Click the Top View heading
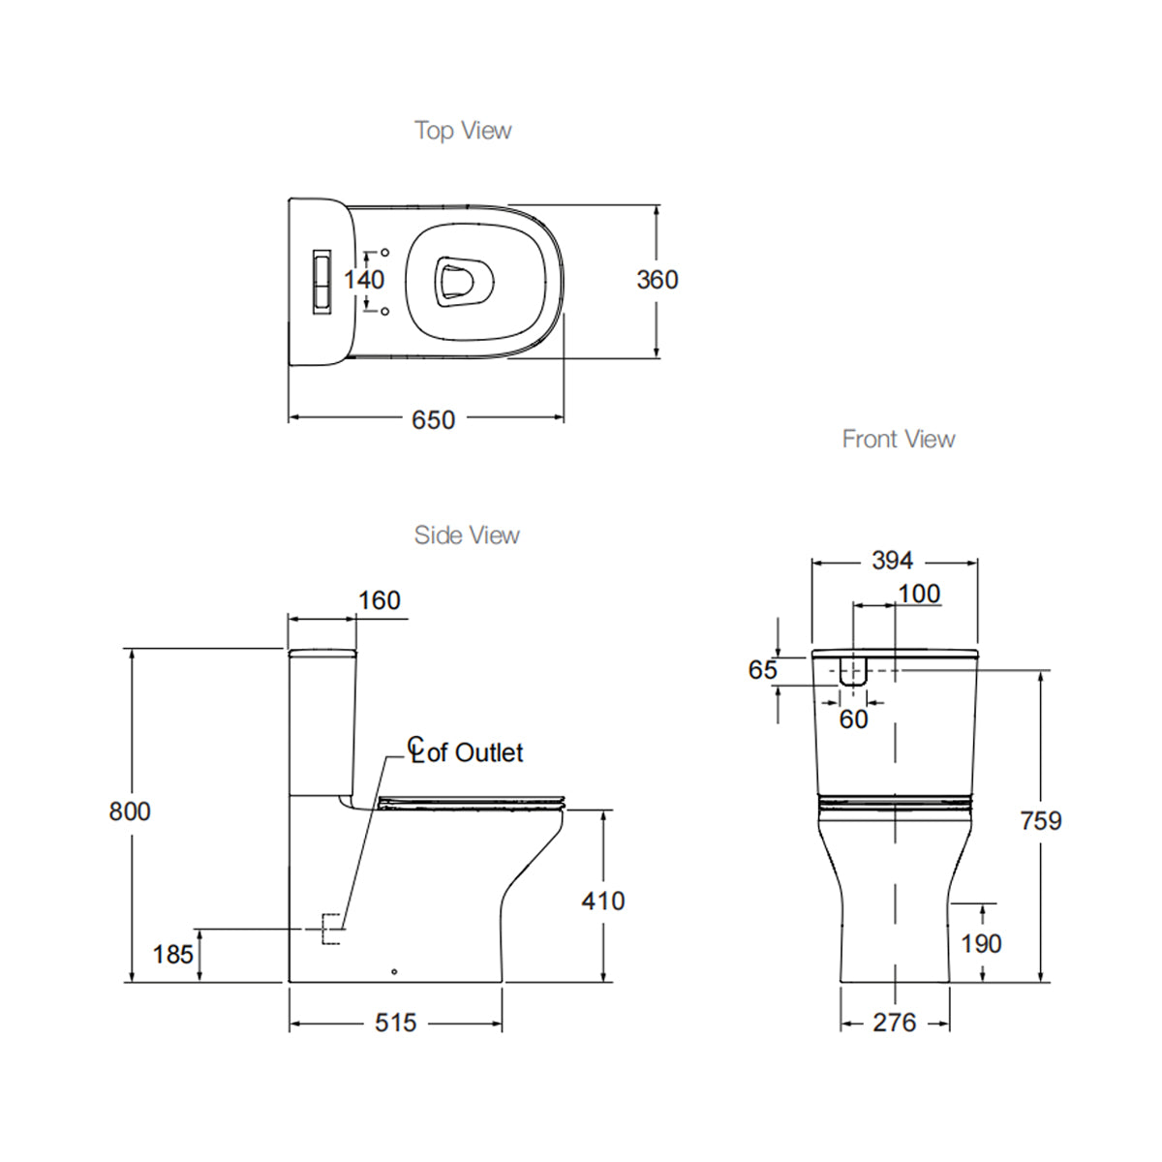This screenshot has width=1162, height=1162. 463,131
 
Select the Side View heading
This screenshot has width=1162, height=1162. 467,535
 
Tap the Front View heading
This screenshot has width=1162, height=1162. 899,440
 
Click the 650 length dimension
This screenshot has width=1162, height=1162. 433,419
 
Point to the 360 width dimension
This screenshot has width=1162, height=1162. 657,280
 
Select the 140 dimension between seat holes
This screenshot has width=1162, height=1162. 364,280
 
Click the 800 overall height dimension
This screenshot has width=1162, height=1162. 130,811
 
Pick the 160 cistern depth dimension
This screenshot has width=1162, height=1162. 379,601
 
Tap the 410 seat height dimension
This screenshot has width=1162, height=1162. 602,902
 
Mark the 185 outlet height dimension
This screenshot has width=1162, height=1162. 173,955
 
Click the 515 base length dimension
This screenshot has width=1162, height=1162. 395,1023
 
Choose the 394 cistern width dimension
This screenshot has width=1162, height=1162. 892,561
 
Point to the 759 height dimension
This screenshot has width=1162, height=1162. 1041,821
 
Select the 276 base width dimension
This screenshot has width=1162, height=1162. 894,1023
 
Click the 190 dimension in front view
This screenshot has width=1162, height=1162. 980,944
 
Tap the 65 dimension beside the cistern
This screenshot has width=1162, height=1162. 763,670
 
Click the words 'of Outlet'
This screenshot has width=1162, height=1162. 474,753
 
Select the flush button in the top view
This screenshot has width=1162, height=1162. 320,279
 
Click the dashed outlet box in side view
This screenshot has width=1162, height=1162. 331,929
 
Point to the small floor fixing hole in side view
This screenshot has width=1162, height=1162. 393,970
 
